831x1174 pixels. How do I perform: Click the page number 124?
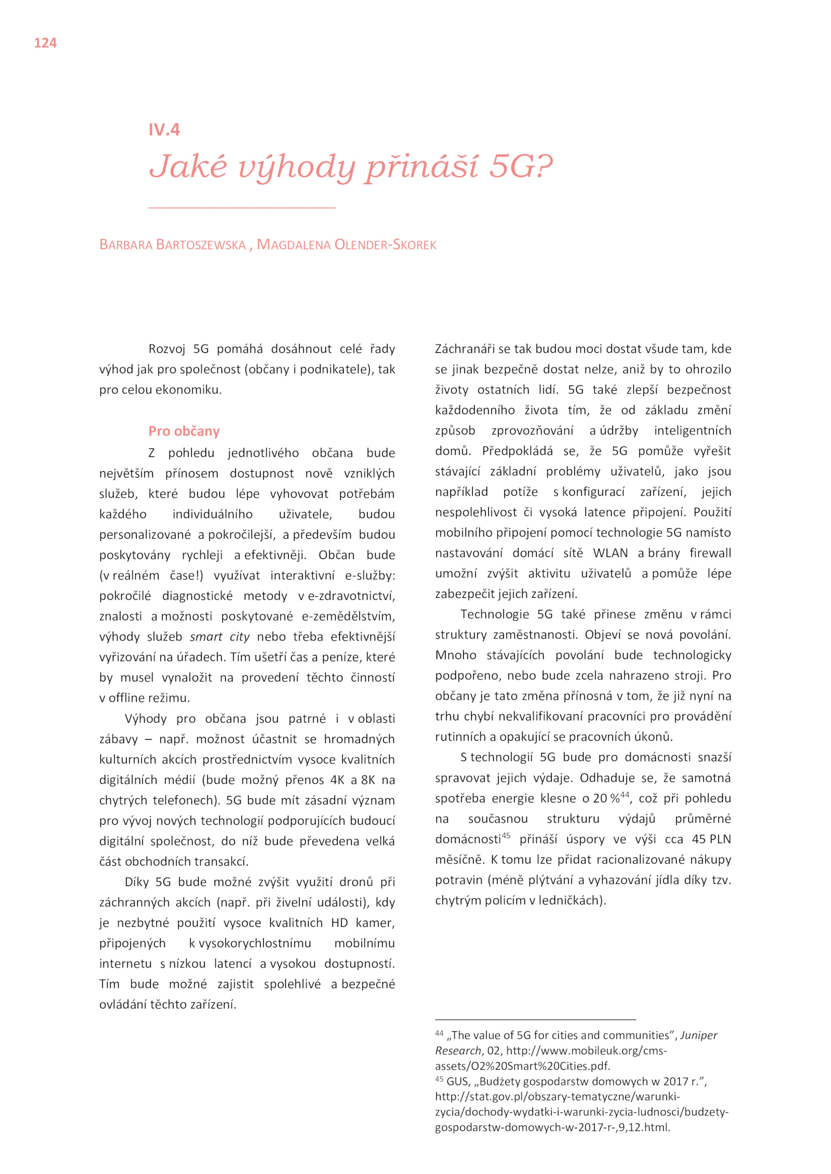point(45,43)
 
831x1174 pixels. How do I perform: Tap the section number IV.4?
point(164,130)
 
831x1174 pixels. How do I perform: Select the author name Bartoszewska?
point(201,245)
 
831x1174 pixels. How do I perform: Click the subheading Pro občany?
point(184,431)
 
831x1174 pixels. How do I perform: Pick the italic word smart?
point(206,637)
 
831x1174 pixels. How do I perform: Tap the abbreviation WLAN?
point(610,553)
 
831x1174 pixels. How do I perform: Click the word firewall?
point(710,553)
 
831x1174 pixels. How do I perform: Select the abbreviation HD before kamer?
point(339,923)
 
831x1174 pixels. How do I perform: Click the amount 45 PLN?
point(711,839)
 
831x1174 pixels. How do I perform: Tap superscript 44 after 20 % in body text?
point(625,795)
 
